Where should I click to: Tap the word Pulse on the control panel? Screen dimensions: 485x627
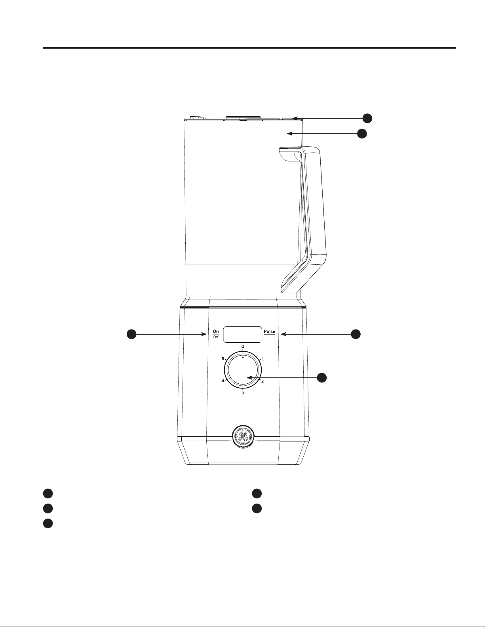click(x=269, y=332)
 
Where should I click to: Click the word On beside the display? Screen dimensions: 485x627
click(x=216, y=331)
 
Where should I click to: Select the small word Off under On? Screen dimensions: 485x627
click(x=216, y=337)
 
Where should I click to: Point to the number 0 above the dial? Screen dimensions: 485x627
click(x=243, y=346)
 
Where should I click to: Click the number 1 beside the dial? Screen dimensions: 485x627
click(x=263, y=359)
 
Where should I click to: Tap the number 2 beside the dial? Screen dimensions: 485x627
click(x=262, y=381)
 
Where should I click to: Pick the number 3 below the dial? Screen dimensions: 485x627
click(x=243, y=393)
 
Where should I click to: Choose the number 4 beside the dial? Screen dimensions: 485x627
click(x=223, y=381)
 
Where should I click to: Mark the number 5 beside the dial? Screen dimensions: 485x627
click(x=223, y=359)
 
